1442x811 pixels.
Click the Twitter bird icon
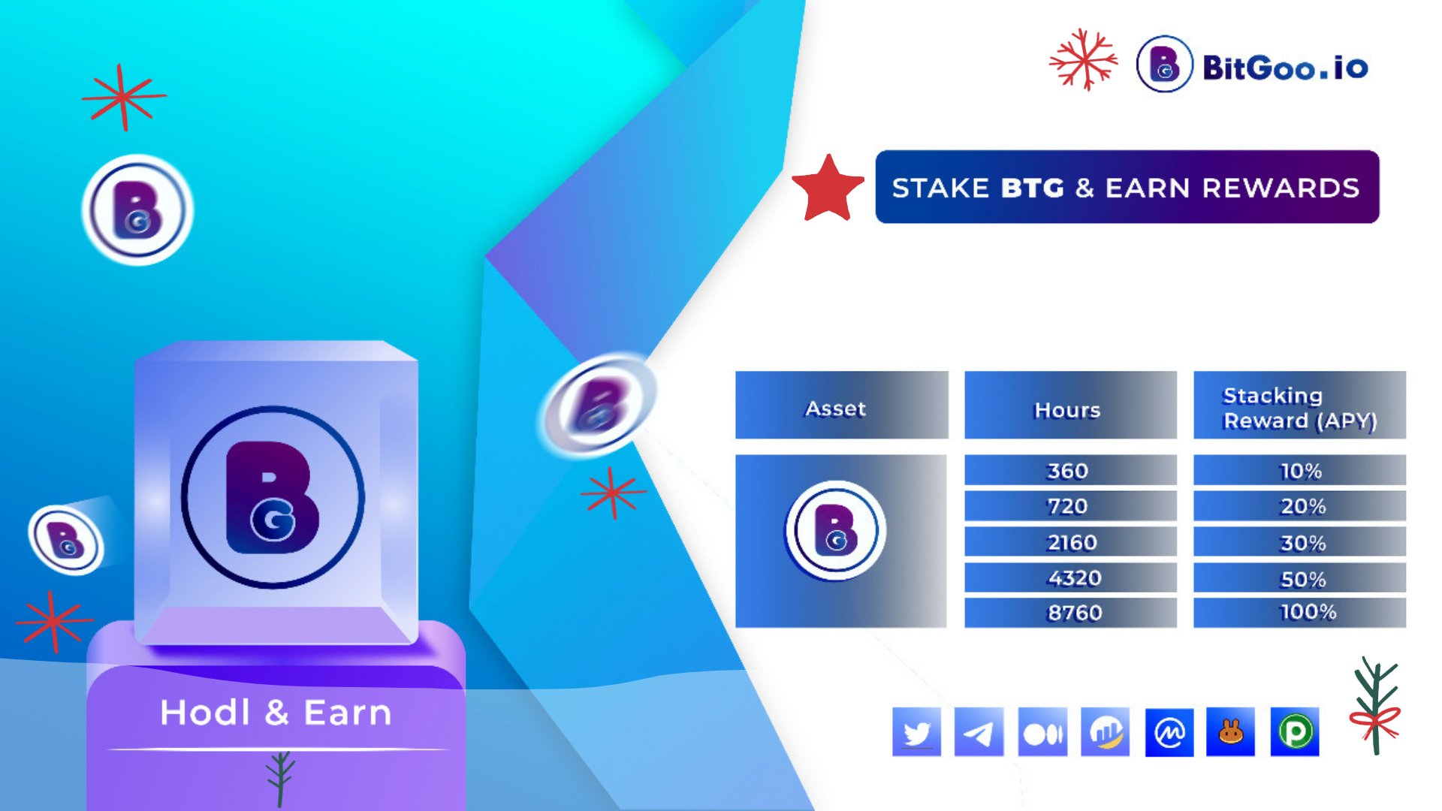916,731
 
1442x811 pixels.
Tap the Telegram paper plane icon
979,731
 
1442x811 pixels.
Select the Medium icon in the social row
1042,731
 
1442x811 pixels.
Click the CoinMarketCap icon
1169,731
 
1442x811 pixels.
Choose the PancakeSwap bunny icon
1230,731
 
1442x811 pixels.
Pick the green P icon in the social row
1295,731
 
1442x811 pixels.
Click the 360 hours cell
1070,470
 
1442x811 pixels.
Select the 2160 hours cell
1070,541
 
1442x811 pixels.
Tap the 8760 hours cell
1070,613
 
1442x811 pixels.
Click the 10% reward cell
1299,470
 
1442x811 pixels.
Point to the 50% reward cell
1299,577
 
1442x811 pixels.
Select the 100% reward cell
1299,613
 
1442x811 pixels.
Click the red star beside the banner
828,189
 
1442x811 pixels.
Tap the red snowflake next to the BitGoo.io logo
1083,59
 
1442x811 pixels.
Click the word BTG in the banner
1032,188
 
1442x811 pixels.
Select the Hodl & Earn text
276,712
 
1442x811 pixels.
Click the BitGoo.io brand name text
1285,68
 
